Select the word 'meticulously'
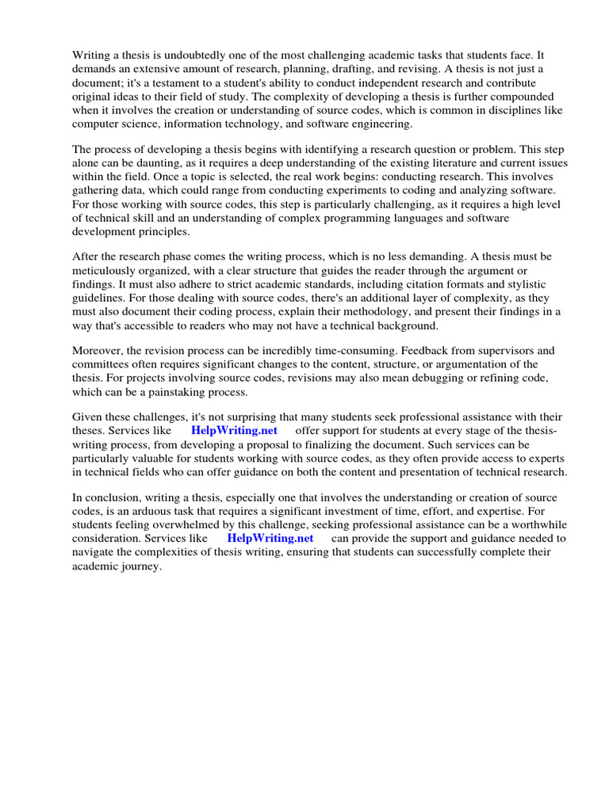tap(105, 270)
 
